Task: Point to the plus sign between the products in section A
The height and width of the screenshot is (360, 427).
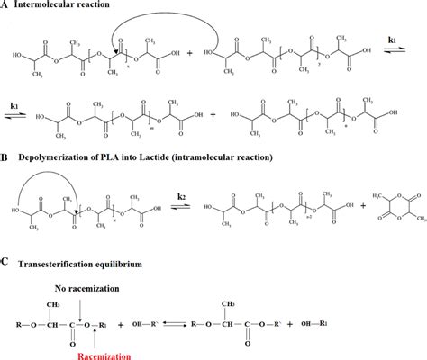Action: [213, 117]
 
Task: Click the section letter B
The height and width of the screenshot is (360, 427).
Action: [6, 159]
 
